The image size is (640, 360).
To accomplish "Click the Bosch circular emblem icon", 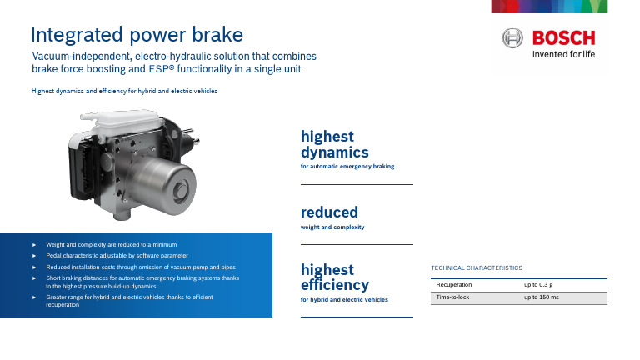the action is [512, 38].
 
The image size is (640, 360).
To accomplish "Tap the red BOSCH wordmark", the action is [563, 38].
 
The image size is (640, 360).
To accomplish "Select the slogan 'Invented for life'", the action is [563, 54].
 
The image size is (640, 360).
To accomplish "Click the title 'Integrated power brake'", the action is [137, 35].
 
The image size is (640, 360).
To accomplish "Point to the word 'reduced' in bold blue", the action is [329, 212].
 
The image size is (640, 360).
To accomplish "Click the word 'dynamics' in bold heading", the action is [335, 152].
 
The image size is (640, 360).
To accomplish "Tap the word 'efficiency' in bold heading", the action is [335, 284].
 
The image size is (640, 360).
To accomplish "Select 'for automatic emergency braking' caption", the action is [347, 166].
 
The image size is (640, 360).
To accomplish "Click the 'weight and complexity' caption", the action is [332, 227].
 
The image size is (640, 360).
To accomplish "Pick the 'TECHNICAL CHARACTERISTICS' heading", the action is [477, 267].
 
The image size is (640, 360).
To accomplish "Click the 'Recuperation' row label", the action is [454, 284].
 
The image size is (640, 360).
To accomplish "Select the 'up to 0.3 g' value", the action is [538, 285].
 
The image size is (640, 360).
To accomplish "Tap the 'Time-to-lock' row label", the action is [452, 297].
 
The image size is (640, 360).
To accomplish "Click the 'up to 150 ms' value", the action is [542, 297].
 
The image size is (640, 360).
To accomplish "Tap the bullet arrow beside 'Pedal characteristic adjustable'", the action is [34, 256].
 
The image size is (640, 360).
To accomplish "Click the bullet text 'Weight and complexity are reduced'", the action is [112, 244].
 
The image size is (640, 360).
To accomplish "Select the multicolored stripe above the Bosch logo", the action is [549, 7].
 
